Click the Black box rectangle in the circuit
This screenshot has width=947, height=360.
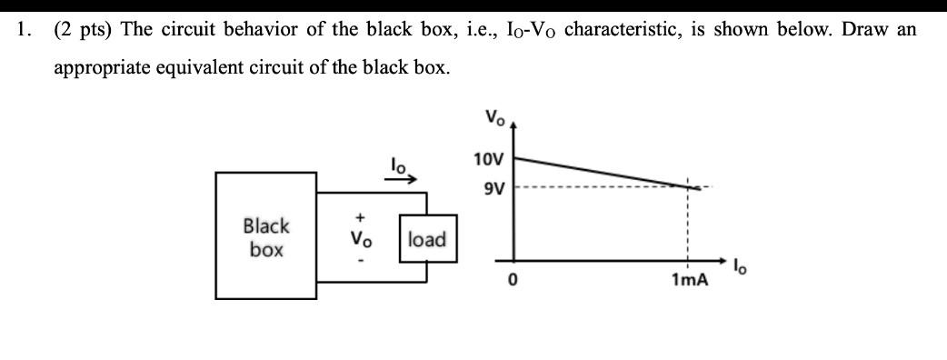265,235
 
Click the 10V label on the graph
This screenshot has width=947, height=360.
487,160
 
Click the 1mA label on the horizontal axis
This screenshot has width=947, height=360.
688,281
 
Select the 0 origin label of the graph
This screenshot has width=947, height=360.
513,281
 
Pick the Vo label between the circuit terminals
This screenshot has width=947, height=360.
362,239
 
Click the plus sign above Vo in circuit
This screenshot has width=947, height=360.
361,217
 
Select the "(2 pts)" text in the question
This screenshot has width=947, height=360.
83,28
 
